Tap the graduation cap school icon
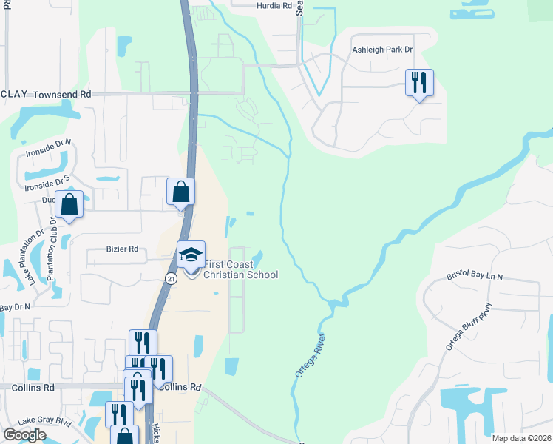(x=191, y=255)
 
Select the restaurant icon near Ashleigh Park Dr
(x=419, y=82)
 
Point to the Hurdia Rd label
(x=275, y=5)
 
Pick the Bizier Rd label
(x=122, y=249)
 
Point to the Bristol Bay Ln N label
(x=474, y=276)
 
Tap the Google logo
(x=24, y=435)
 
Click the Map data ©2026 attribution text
(x=521, y=438)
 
